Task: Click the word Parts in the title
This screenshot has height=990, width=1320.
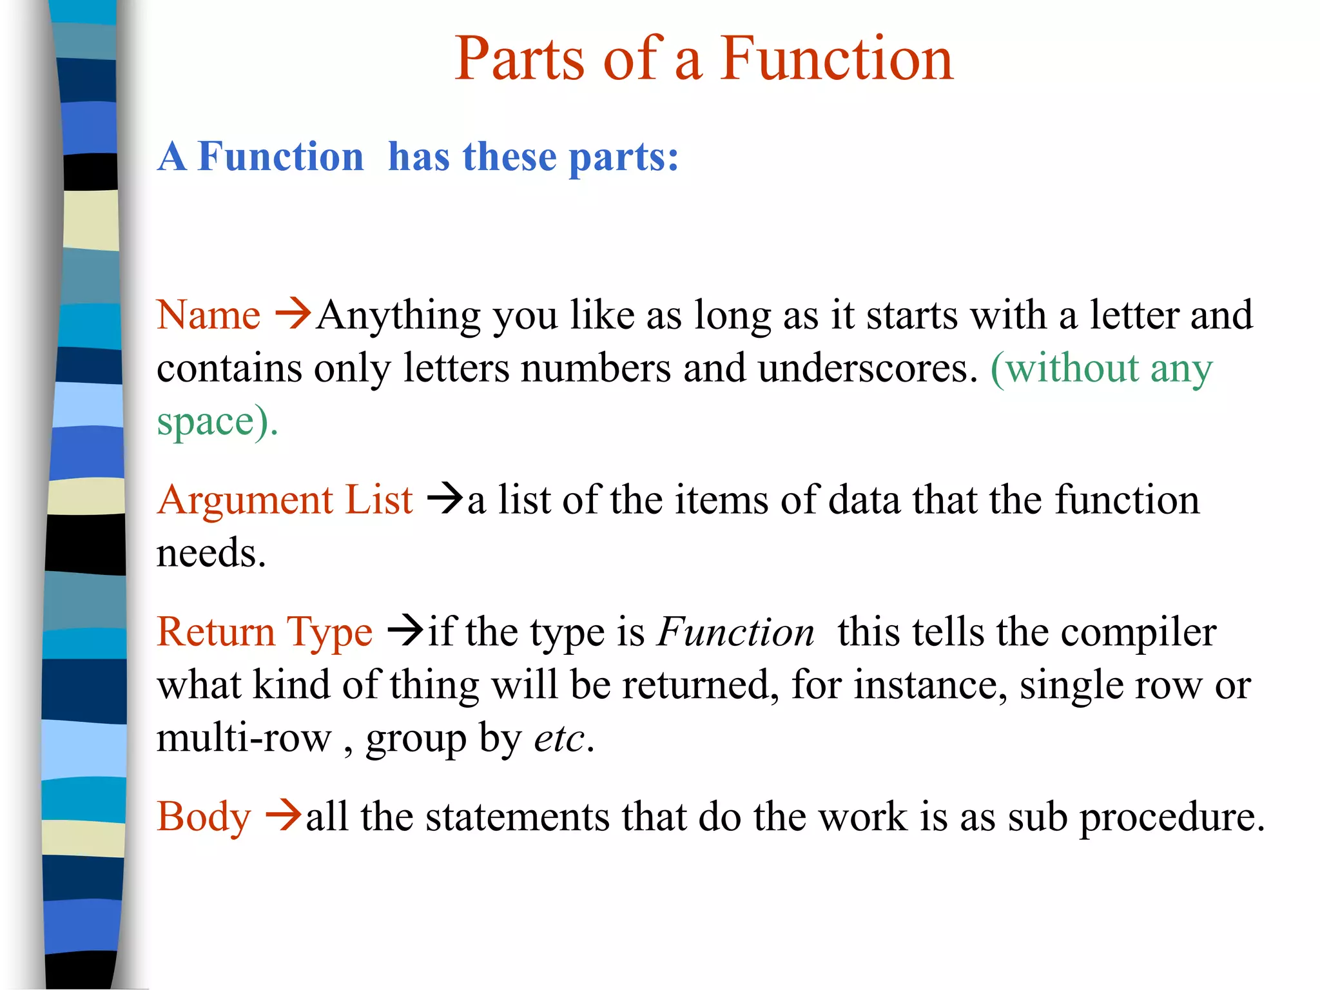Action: coord(519,59)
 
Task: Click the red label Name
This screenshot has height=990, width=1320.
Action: coord(208,315)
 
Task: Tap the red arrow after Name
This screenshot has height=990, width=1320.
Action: coord(293,314)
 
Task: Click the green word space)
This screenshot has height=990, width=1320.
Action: coord(217,422)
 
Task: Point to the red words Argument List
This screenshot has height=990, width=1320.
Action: coord(284,500)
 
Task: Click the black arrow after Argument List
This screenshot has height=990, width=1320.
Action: coord(445,498)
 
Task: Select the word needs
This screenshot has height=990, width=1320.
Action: coord(211,554)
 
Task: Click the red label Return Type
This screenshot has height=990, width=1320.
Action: coord(264,632)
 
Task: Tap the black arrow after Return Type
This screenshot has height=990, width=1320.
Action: coord(405,630)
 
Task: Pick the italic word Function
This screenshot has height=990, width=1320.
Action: coord(735,632)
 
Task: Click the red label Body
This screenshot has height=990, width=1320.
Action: coord(204,817)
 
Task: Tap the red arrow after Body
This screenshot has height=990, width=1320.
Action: coord(283,815)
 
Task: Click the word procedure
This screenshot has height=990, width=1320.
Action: coord(1172,817)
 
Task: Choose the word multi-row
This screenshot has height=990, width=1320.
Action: coord(244,738)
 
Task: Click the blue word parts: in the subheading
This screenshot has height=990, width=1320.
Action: coord(623,157)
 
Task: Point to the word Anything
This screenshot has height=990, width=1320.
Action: coord(399,316)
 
